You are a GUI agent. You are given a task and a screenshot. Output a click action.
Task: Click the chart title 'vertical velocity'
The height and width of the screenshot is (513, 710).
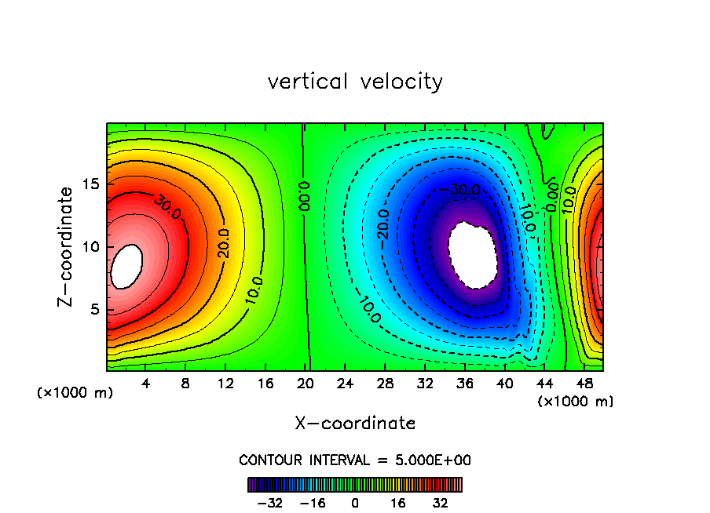[355, 82]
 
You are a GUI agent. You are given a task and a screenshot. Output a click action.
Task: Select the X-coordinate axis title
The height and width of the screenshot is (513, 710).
[355, 424]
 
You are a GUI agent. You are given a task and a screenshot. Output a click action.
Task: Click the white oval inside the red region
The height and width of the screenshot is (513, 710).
[126, 266]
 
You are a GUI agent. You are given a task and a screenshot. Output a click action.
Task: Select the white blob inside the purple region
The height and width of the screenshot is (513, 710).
[474, 254]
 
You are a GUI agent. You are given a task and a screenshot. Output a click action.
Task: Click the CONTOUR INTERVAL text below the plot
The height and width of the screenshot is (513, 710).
[355, 460]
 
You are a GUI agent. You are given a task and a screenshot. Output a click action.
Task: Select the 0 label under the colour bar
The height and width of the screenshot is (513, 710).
[355, 503]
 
